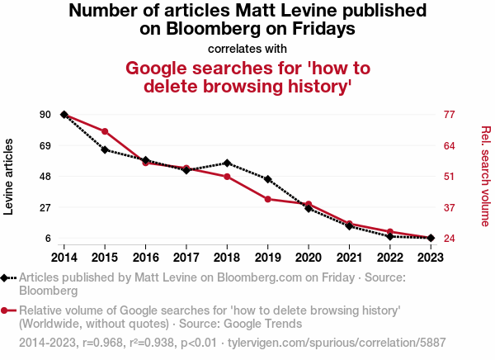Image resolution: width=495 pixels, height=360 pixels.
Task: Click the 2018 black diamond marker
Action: pos(227,163)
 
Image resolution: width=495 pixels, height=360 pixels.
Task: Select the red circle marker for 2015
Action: pos(105,131)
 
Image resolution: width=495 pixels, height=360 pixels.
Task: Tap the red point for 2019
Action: pos(267,199)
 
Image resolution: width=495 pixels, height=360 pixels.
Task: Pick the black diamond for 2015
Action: pos(105,149)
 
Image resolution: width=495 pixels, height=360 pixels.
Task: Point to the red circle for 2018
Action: pos(227,177)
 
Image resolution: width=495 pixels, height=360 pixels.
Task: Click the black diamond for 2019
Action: pos(267,179)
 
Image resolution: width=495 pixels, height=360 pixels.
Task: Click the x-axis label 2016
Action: pos(145,257)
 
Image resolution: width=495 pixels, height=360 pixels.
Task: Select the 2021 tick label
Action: pos(349,257)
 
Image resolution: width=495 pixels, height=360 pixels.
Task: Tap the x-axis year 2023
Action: pos(430,257)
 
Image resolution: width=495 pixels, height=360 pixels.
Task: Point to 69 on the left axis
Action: pos(45,145)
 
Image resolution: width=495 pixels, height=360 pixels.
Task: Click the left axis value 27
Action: pos(45,207)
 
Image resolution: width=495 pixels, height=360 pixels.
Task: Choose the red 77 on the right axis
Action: pos(450,114)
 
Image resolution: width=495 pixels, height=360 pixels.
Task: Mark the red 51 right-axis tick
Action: pos(450,177)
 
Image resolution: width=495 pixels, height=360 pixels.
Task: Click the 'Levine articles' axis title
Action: pos(10,177)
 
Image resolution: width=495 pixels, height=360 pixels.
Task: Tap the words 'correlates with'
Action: pos(247,48)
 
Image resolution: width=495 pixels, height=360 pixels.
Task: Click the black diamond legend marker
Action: pos(7,278)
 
